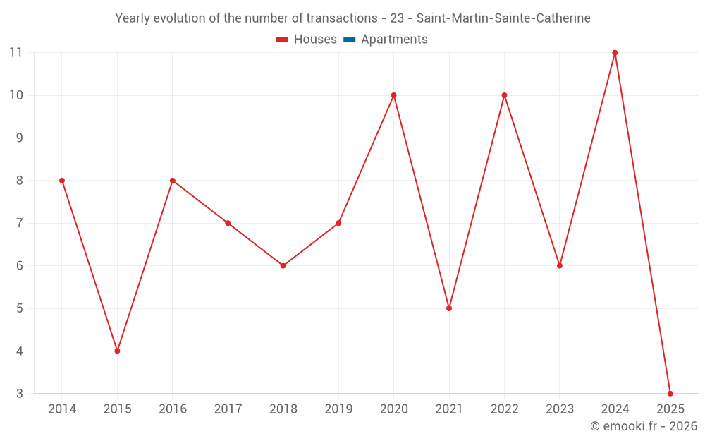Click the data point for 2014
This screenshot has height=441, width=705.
click(62, 181)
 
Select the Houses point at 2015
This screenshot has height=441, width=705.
click(117, 351)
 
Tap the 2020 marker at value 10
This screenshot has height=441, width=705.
click(393, 95)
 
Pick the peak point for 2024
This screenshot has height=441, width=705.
click(615, 53)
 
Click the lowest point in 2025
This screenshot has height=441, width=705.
click(670, 393)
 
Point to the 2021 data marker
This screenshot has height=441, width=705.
click(449, 308)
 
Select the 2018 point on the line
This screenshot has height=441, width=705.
click(283, 266)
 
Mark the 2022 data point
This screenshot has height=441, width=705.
click(504, 95)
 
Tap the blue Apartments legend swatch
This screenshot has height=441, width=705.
click(350, 40)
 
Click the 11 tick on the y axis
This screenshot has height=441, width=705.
click(16, 53)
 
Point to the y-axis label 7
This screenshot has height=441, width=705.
click(20, 223)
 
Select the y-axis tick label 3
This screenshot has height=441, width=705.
click(20, 393)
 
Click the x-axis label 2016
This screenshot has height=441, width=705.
click(173, 409)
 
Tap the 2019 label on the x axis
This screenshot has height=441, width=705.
click(338, 409)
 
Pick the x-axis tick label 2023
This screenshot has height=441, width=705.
click(560, 409)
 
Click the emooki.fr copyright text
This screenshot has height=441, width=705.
click(643, 426)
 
